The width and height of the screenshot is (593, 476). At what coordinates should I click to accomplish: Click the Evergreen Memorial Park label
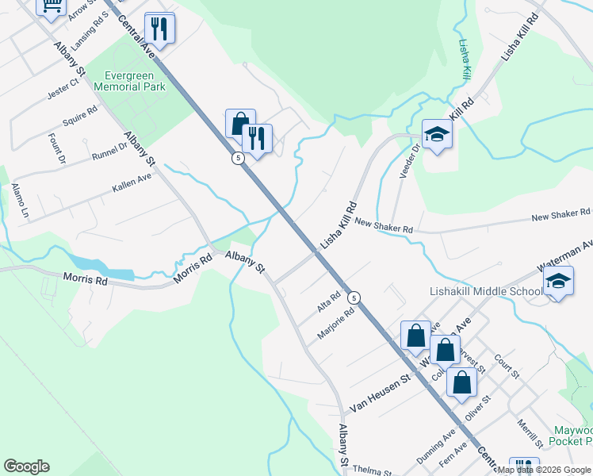(x=129, y=81)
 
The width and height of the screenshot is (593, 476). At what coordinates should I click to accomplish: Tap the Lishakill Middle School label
(x=485, y=291)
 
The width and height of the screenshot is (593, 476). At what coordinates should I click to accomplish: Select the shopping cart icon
(x=51, y=6)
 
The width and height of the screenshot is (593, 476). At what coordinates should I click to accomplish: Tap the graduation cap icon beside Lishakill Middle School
(x=558, y=282)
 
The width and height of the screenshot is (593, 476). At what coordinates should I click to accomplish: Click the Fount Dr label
(x=57, y=148)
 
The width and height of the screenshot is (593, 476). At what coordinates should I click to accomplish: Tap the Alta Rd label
(x=328, y=300)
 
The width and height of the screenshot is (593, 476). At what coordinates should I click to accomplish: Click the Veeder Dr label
(x=407, y=162)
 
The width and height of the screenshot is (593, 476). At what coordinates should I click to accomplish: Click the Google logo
(x=26, y=466)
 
